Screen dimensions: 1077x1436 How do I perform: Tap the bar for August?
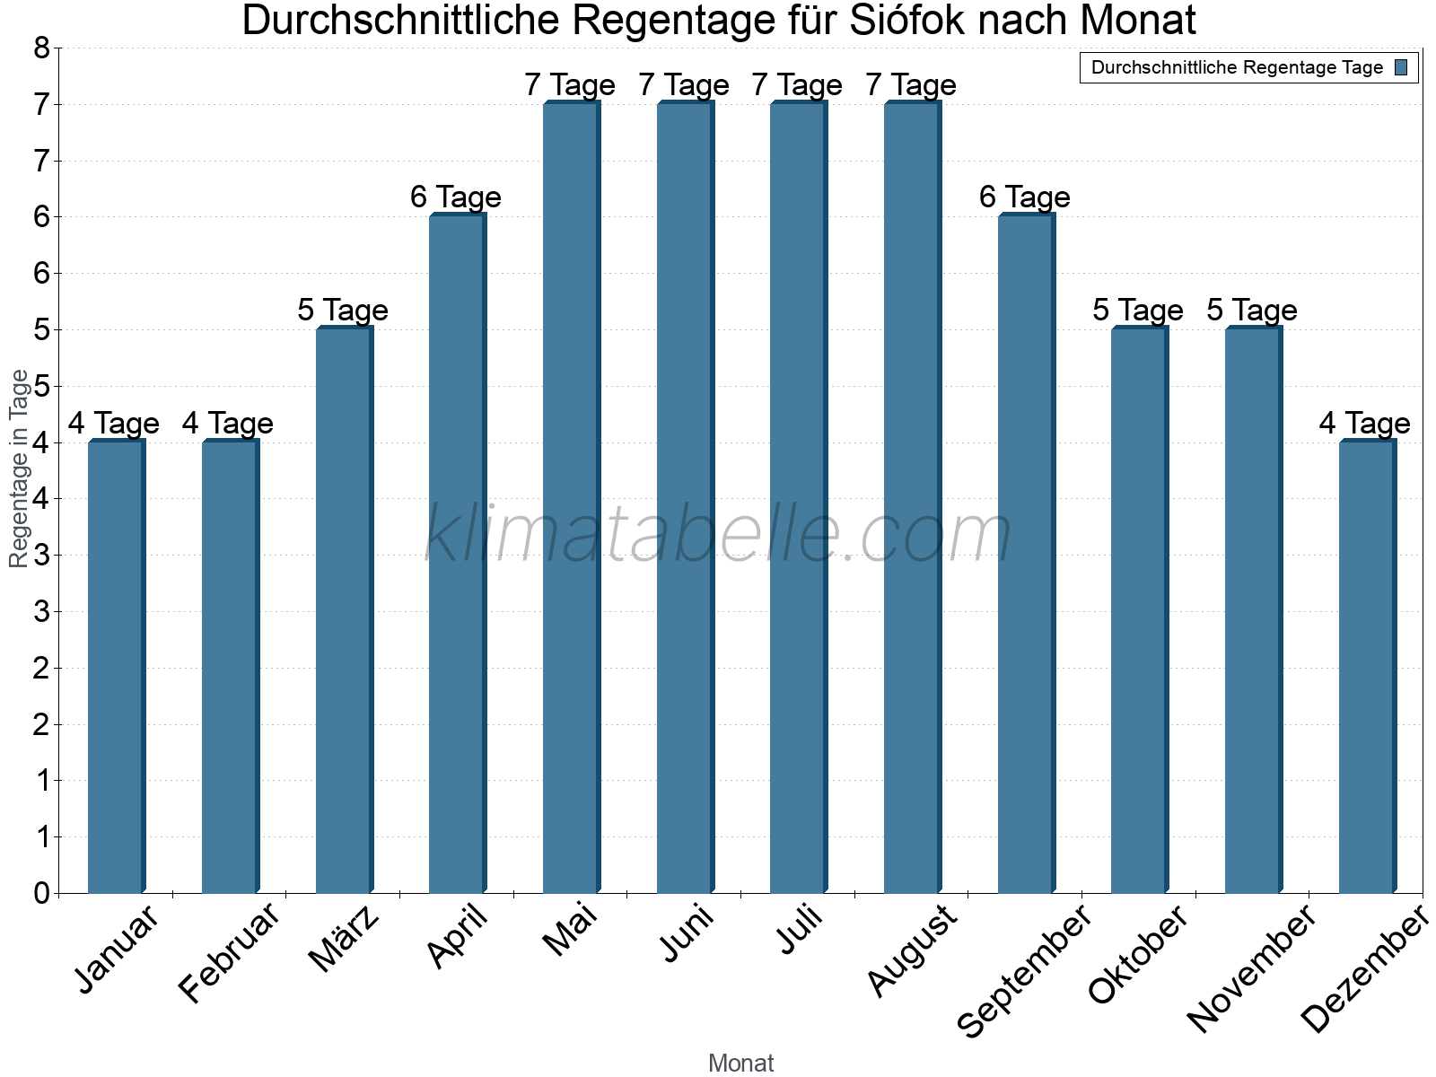coord(912,497)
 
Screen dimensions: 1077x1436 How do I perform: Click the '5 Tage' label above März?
coord(343,311)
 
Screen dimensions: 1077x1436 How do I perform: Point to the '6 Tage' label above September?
coord(1025,197)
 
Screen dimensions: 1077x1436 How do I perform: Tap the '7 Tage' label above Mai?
coord(570,85)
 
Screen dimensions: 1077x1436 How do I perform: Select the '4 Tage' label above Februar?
coord(228,423)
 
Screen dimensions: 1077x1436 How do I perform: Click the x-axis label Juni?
coord(687,933)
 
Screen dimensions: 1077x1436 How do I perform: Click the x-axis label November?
coord(1251,968)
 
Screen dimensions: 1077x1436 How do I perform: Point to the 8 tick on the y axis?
coord(41,48)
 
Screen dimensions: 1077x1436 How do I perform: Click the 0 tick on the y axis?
coord(41,893)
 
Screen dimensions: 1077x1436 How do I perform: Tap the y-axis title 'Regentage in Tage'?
coord(19,468)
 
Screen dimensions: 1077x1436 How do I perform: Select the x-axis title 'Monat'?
coord(740,1063)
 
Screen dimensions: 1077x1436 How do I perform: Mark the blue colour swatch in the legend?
coord(1402,67)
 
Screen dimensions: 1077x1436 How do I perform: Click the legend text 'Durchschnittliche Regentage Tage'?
coord(1237,67)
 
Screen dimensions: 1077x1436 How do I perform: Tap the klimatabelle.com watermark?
coord(718,534)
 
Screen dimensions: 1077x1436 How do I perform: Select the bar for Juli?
coord(798,497)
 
